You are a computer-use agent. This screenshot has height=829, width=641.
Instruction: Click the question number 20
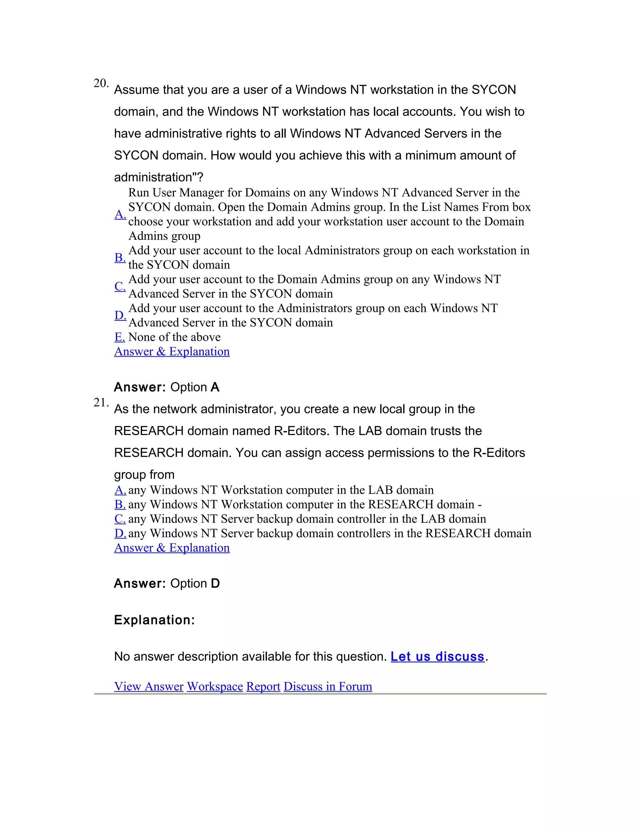pyautogui.click(x=101, y=83)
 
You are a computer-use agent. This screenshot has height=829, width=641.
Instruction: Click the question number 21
pyautogui.click(x=101, y=402)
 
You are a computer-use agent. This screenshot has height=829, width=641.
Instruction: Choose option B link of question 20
pyautogui.click(x=120, y=257)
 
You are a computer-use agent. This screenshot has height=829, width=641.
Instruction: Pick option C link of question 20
pyautogui.click(x=120, y=286)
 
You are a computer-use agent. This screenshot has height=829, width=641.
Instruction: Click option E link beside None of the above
pyautogui.click(x=120, y=337)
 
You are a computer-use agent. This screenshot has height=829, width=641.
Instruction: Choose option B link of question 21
pyautogui.click(x=120, y=505)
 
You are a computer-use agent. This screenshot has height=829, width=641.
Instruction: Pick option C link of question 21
pyautogui.click(x=120, y=519)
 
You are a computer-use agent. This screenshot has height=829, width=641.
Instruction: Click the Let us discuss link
pyautogui.click(x=438, y=656)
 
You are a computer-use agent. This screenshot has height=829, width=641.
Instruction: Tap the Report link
pyautogui.click(x=263, y=686)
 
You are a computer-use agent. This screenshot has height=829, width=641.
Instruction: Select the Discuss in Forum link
pyautogui.click(x=328, y=686)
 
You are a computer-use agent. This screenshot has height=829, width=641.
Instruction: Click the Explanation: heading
pyautogui.click(x=154, y=620)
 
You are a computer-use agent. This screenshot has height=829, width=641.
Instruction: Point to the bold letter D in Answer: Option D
pyautogui.click(x=215, y=583)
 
